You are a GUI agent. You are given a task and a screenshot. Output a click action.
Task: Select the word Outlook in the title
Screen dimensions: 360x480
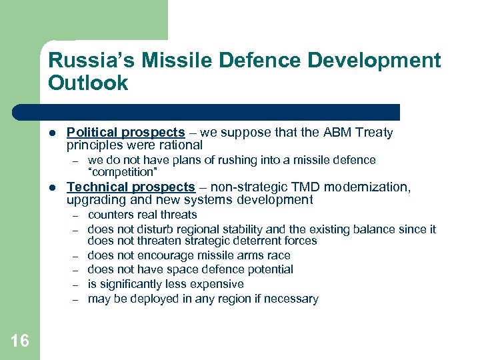pos(88,83)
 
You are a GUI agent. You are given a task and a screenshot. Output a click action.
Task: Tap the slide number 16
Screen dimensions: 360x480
pos(20,341)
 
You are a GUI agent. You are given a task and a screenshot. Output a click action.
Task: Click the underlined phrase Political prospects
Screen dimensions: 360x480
pos(125,133)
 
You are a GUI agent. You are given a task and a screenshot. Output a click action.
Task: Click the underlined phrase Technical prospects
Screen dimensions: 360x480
pos(131,187)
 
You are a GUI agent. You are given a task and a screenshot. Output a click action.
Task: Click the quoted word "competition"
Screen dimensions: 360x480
pos(123,172)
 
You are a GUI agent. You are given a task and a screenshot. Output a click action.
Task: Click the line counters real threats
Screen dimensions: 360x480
pos(142,215)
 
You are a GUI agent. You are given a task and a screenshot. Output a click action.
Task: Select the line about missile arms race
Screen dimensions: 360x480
pos(189,255)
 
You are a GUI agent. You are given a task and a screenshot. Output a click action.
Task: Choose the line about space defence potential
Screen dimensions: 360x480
pos(190,269)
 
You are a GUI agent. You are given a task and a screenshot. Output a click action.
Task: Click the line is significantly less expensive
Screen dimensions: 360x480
pos(165,284)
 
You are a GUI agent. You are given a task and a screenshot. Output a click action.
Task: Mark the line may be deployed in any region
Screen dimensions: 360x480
pos(203,299)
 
